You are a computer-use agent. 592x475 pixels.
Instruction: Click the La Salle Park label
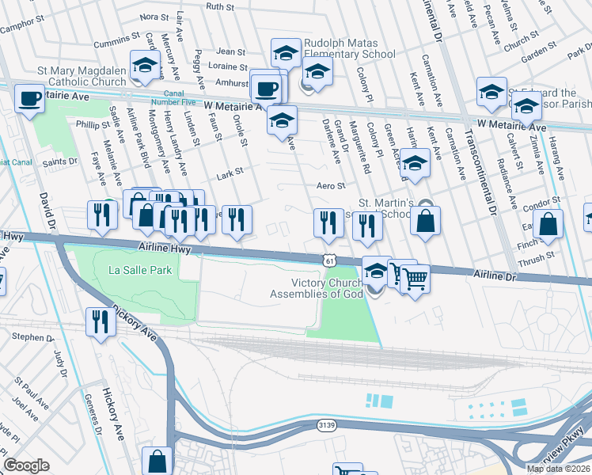(x=140, y=271)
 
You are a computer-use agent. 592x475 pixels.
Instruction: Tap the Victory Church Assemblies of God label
(x=317, y=288)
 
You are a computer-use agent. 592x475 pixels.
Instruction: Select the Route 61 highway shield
(x=329, y=260)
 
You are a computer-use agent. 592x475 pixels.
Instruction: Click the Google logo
(x=26, y=465)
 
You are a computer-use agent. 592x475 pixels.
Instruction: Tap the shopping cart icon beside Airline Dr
(x=416, y=278)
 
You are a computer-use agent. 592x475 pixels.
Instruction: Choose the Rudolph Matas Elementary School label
(x=349, y=48)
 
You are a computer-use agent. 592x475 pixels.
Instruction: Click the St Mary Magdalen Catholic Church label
(x=82, y=76)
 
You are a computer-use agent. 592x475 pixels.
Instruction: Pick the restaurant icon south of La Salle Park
(x=100, y=321)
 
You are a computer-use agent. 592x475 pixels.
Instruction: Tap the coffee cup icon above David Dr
(x=30, y=99)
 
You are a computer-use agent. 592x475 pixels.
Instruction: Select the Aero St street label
(x=332, y=186)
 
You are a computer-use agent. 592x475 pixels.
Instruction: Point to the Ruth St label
(x=220, y=6)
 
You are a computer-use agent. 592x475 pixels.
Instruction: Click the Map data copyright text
(x=558, y=469)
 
